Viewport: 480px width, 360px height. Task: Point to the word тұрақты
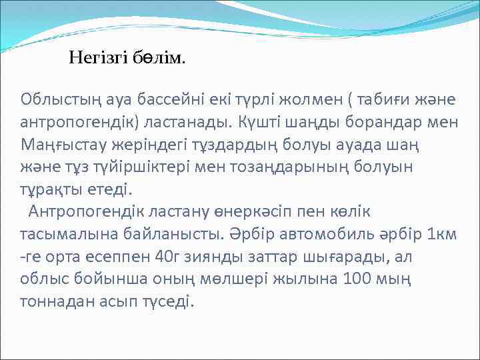(x=52, y=189)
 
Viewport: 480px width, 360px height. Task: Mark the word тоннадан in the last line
(x=57, y=301)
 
